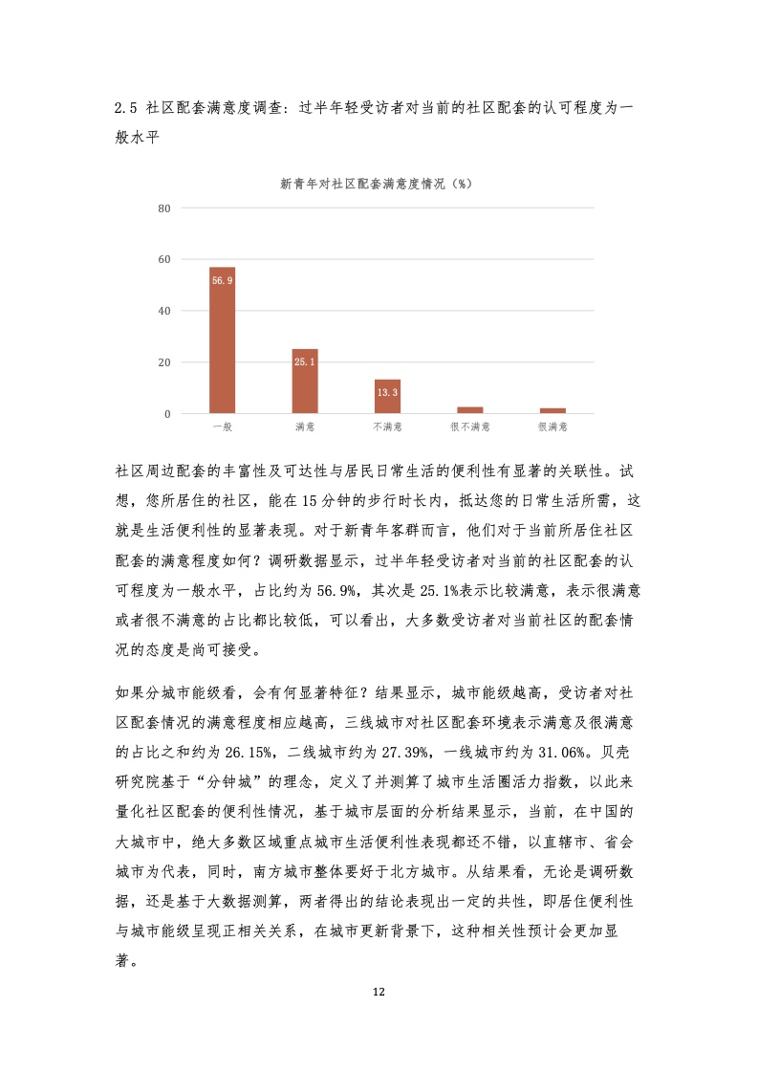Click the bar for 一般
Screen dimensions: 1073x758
pyautogui.click(x=222, y=340)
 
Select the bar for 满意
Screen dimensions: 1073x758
pyautogui.click(x=305, y=382)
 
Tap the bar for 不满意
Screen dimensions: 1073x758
pyautogui.click(x=387, y=397)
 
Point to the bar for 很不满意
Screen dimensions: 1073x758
pyautogui.click(x=470, y=410)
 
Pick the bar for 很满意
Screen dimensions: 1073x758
pyautogui.click(x=552, y=410)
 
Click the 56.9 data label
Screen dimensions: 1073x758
pyautogui.click(x=222, y=279)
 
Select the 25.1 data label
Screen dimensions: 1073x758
pyautogui.click(x=305, y=361)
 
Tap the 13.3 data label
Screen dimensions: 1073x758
pyautogui.click(x=387, y=392)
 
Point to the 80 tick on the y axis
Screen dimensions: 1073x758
pyautogui.click(x=164, y=208)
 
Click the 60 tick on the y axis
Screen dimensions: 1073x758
pyautogui.click(x=164, y=260)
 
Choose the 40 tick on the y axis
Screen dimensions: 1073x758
pyautogui.click(x=164, y=312)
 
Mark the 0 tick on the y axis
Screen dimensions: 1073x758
pyautogui.click(x=168, y=414)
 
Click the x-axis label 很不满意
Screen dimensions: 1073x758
pyautogui.click(x=470, y=427)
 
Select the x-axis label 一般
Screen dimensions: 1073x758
pyautogui.click(x=222, y=427)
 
